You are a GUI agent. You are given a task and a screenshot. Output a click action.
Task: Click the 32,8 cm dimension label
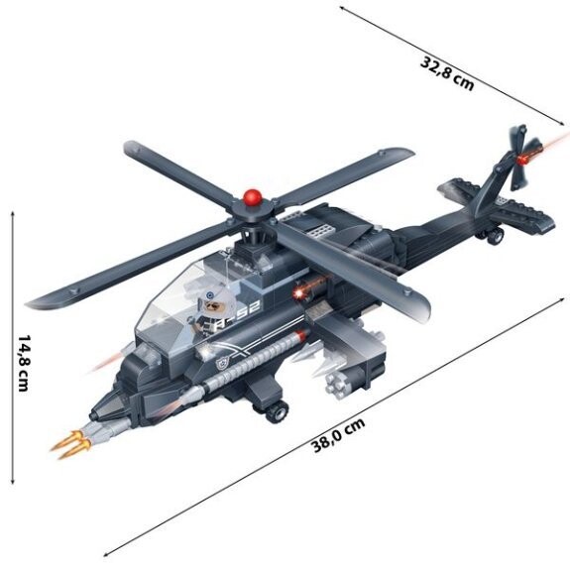pos(447,73)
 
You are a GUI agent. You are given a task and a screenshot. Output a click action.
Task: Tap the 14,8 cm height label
pos(23,363)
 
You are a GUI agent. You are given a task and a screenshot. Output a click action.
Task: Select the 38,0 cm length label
pos(338,435)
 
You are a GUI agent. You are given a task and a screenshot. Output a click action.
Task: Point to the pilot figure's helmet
pos(213,299)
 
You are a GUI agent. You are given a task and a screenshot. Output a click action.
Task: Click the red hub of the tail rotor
pos(522,160)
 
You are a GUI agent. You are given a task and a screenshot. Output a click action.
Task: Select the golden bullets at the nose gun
pos(71,443)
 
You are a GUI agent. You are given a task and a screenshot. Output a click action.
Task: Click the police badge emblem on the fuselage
pos(221,362)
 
